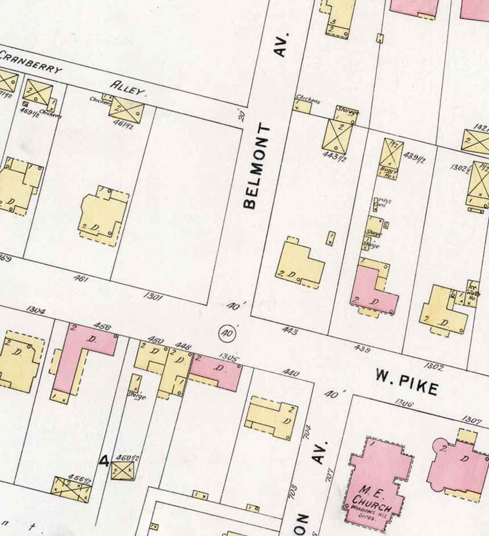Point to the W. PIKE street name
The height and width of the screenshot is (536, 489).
coord(407,381)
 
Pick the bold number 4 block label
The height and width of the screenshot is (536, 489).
coord(104,461)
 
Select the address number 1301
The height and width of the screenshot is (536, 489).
coord(153,296)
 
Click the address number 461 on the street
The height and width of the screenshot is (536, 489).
coord(81,279)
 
